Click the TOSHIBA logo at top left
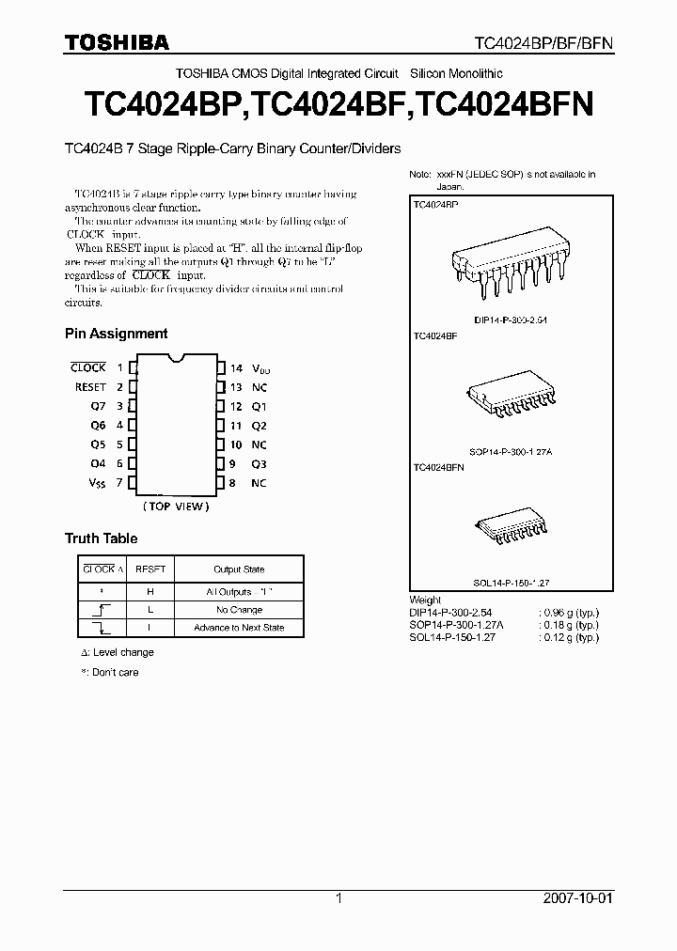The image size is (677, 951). click(117, 41)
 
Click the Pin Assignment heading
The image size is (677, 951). click(116, 334)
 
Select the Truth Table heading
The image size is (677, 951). click(101, 538)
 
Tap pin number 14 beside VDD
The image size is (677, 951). click(236, 368)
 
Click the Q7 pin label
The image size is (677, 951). click(98, 407)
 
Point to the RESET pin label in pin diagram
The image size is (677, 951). click(90, 387)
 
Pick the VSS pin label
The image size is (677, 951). click(97, 483)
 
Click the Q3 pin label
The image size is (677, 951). click(259, 464)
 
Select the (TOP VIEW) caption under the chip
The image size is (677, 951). click(176, 507)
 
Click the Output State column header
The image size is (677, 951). click(239, 569)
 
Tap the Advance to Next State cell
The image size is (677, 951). click(239, 628)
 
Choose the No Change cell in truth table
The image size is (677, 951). click(239, 610)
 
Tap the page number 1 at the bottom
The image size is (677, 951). click(338, 898)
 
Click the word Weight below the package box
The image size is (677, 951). click(425, 600)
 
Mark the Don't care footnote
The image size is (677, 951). click(110, 673)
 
